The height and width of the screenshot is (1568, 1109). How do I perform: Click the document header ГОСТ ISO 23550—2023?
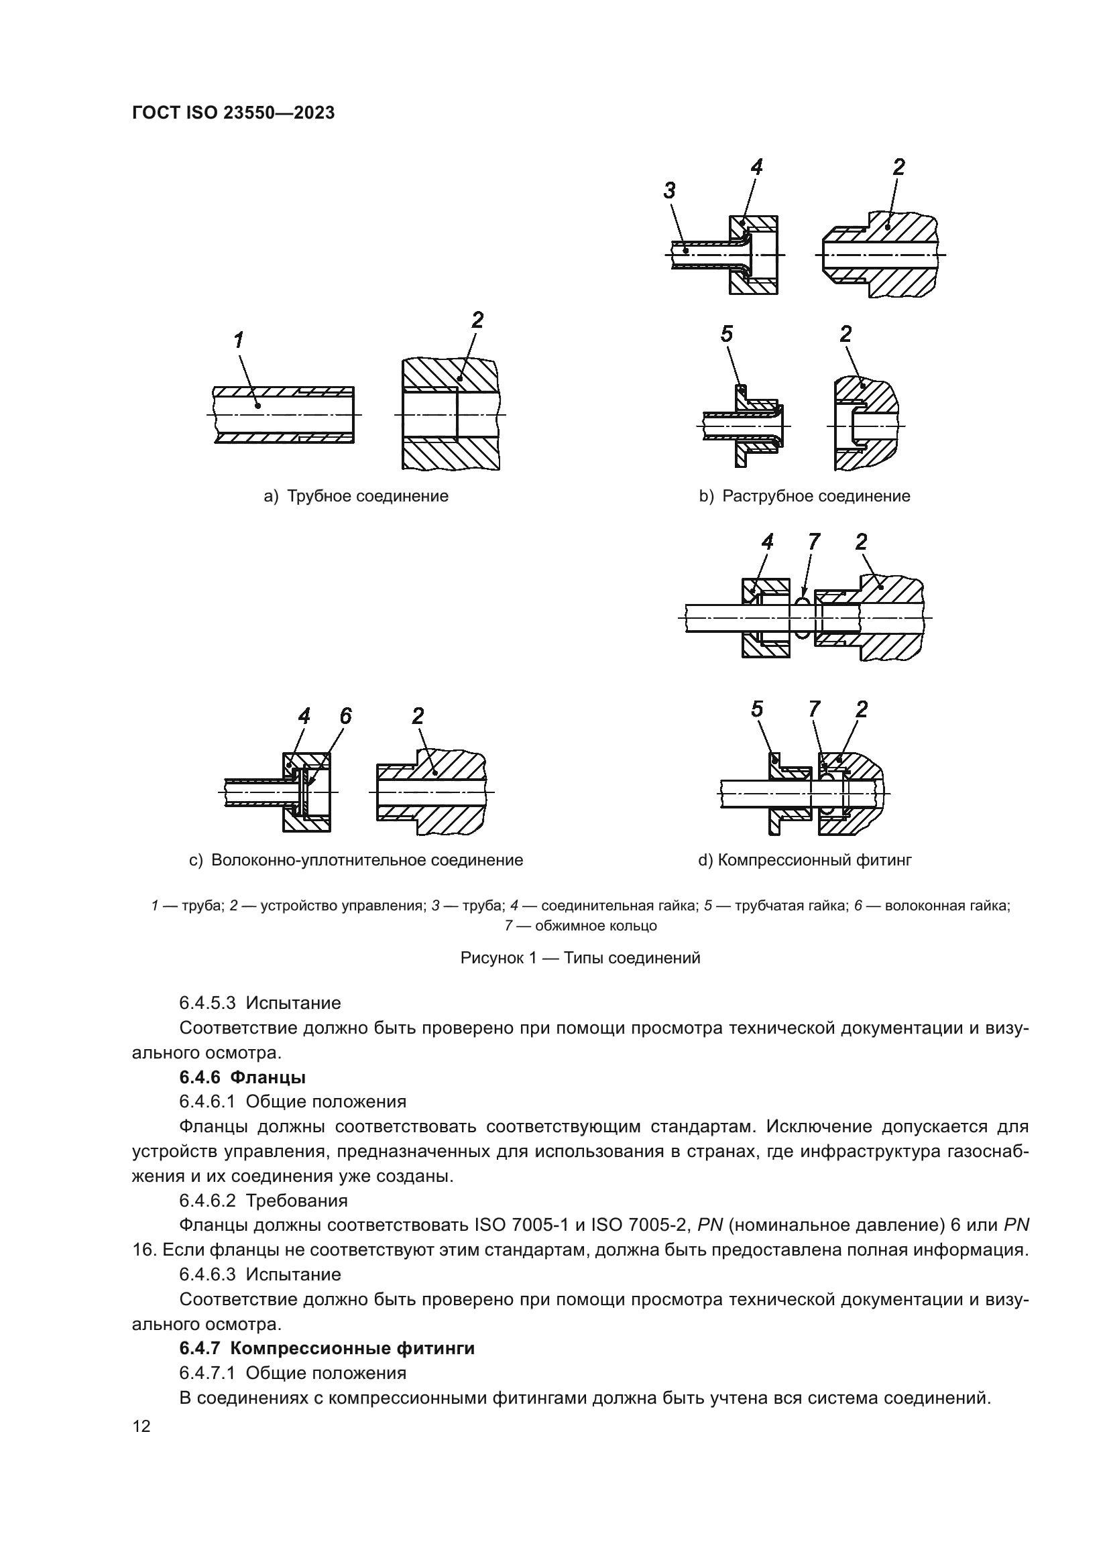coord(233,113)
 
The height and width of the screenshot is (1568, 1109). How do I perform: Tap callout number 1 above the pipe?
coord(238,340)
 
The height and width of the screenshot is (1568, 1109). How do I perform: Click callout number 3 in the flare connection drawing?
coord(669,191)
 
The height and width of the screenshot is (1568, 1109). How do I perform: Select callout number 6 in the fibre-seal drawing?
coord(345,717)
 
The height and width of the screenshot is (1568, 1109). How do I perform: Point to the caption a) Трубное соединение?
coord(356,497)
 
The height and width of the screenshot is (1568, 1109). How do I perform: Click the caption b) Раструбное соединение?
coord(805,497)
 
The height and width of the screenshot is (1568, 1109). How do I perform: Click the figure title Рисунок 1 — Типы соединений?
coord(580,958)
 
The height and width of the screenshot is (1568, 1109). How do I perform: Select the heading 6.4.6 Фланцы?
coord(243,1078)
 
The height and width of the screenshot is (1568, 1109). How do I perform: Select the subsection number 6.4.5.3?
coord(208,1004)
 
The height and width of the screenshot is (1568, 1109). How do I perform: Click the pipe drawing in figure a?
coord(284,415)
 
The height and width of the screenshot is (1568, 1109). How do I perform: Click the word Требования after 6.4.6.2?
coord(296,1201)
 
